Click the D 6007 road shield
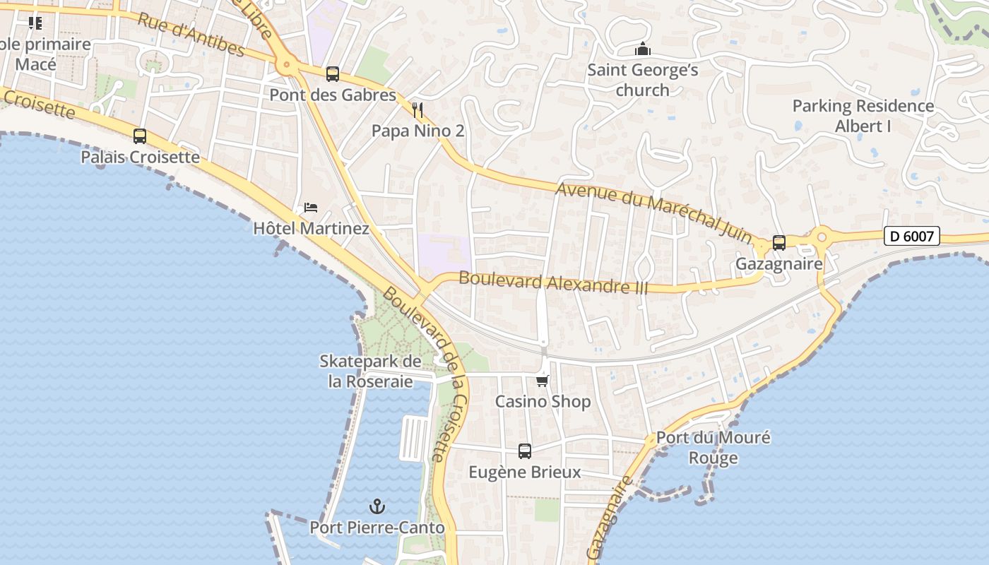pyautogui.click(x=911, y=236)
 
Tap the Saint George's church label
pyautogui.click(x=643, y=80)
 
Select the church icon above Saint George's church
pyautogui.click(x=642, y=49)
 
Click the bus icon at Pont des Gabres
pyautogui.click(x=332, y=74)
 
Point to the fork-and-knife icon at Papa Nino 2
pyautogui.click(x=417, y=110)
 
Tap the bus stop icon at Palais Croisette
pyautogui.click(x=140, y=136)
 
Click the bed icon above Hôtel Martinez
pyautogui.click(x=311, y=208)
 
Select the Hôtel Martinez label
pyautogui.click(x=311, y=229)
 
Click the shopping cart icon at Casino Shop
pyautogui.click(x=542, y=381)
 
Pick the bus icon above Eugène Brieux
pyautogui.click(x=524, y=451)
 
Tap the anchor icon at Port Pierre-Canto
pyautogui.click(x=377, y=506)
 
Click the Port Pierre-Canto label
pyautogui.click(x=377, y=528)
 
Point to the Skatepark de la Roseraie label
pyautogui.click(x=370, y=371)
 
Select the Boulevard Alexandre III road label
pyautogui.click(x=553, y=281)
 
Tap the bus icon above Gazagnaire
pyautogui.click(x=778, y=243)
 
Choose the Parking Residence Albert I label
pyautogui.click(x=863, y=116)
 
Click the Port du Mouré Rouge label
pyautogui.click(x=713, y=447)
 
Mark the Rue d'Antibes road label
pyautogui.click(x=191, y=34)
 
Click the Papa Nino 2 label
pyautogui.click(x=417, y=131)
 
